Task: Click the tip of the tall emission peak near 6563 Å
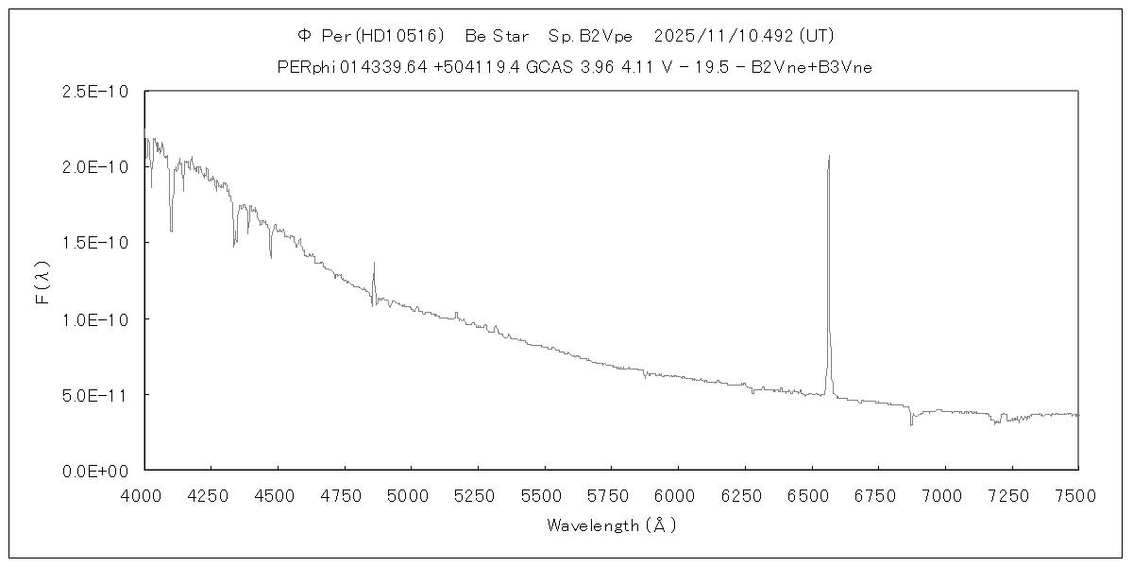[829, 157]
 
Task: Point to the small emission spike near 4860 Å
[374, 264]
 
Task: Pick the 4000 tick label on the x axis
[144, 493]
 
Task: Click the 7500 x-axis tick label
[1077, 493]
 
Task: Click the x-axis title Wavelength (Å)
[611, 525]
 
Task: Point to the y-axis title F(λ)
[42, 282]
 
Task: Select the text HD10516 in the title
[399, 36]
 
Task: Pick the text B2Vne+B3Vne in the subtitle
[818, 66]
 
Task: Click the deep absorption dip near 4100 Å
[171, 230]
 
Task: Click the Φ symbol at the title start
[303, 36]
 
